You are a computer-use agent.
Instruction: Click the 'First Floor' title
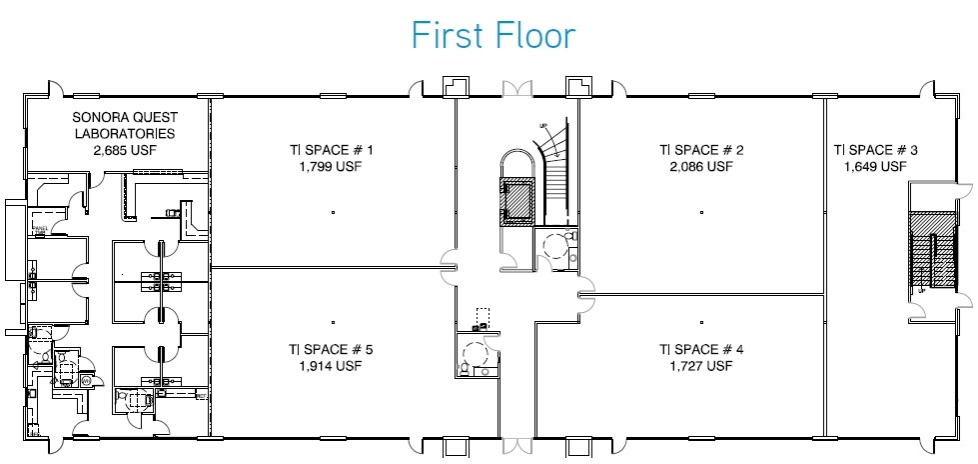pos(493,35)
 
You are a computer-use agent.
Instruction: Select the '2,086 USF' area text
pos(702,167)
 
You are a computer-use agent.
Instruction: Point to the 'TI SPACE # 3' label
pos(876,151)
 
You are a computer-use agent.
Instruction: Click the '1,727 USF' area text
pos(702,367)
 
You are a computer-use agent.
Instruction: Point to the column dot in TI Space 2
pos(702,213)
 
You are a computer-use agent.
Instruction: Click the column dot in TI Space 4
pos(702,322)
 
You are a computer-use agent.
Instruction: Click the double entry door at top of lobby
pos(519,90)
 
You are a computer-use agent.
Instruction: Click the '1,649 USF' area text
pos(876,167)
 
